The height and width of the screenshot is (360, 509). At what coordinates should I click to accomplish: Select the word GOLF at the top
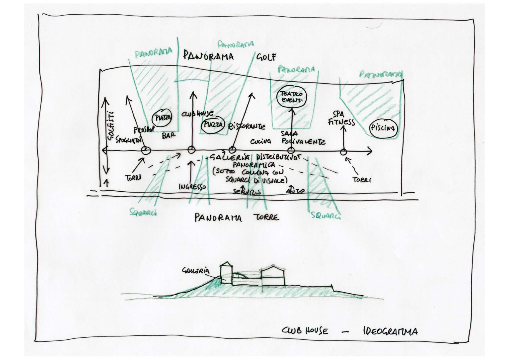[266, 57]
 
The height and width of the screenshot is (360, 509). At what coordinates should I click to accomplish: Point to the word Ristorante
[246, 126]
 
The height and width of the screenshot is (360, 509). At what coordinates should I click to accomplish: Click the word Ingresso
[192, 187]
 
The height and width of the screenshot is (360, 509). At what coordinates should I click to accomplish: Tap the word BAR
[168, 136]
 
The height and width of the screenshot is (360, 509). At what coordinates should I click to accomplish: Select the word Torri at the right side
[362, 180]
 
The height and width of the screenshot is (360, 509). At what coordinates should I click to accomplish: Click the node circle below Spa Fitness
[343, 152]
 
